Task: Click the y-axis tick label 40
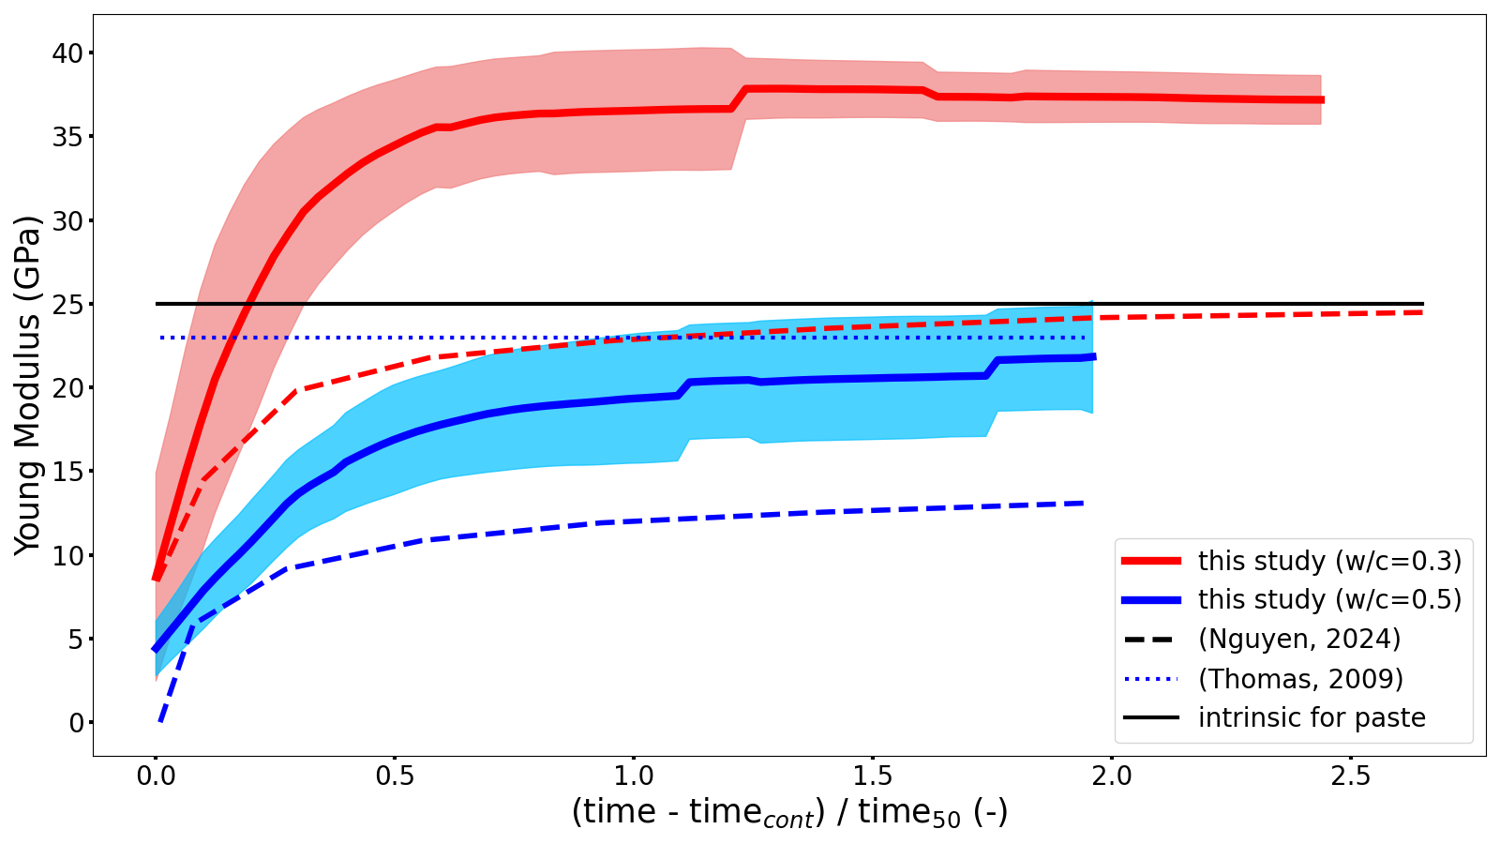point(67,53)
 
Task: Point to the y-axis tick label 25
point(67,305)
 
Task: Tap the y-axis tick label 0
point(76,723)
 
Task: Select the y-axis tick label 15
point(67,472)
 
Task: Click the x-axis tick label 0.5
point(395,776)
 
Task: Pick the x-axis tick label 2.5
point(1350,776)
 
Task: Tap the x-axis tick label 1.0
point(634,776)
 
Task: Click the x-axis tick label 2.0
point(1111,776)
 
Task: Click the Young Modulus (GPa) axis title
point(28,384)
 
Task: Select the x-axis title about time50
point(789,812)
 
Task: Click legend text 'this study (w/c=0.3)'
point(1329,561)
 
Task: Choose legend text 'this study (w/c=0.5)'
point(1329,600)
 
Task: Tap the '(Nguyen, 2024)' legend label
point(1299,640)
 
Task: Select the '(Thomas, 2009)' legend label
point(1300,679)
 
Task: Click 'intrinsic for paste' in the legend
point(1312,718)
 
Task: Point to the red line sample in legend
point(1151,561)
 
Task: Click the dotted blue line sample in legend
point(1151,679)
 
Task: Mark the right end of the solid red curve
point(1322,99)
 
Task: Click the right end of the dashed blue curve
point(1084,504)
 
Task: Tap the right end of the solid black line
point(1422,304)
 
